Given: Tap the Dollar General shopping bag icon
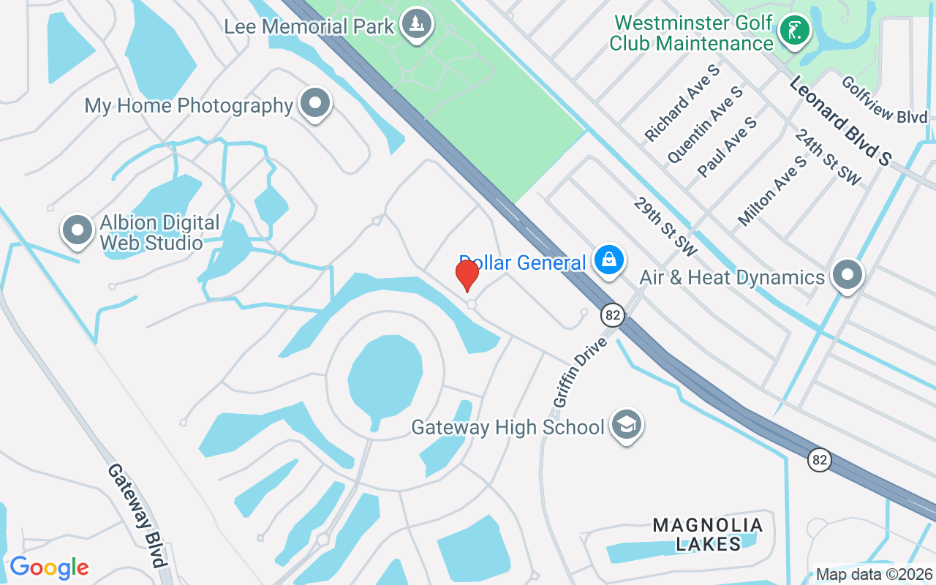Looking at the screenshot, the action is [x=608, y=260].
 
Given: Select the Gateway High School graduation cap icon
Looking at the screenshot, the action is [x=627, y=424].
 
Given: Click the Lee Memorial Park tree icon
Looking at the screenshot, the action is [x=418, y=24].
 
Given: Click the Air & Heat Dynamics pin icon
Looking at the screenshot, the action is [x=848, y=275].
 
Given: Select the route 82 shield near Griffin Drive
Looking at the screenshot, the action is [x=613, y=315].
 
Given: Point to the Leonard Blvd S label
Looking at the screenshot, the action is [x=841, y=121].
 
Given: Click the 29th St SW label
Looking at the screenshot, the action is [x=666, y=226].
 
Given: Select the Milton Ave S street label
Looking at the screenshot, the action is [x=772, y=190].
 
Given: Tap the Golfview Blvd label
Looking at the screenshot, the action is [x=884, y=100].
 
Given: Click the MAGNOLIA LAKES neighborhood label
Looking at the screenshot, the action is [x=708, y=534].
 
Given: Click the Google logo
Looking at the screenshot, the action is [x=49, y=567].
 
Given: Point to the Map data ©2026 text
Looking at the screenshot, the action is [x=875, y=575].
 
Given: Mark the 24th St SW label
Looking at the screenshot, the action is [x=828, y=157].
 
